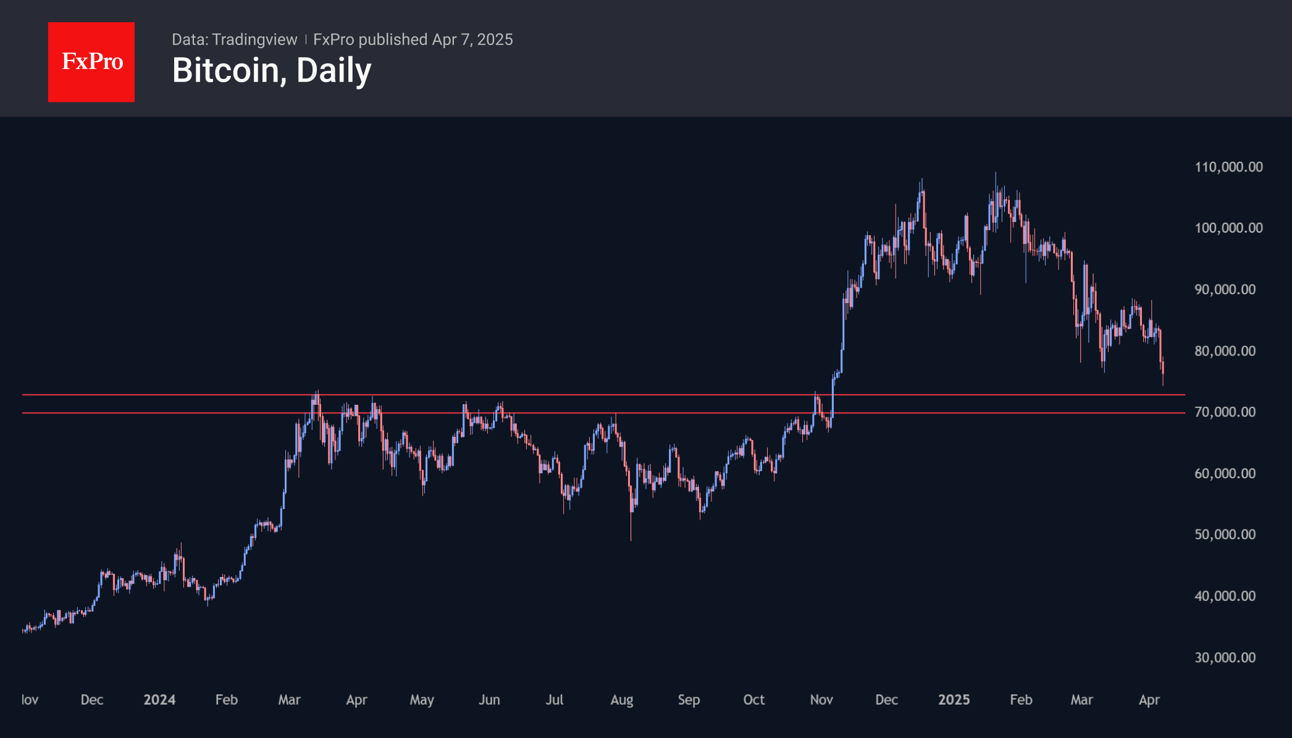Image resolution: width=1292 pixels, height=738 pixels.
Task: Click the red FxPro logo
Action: [x=91, y=62]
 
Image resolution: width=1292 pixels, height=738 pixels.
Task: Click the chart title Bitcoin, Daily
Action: [x=272, y=70]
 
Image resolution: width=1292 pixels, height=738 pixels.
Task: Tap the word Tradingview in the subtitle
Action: [x=254, y=39]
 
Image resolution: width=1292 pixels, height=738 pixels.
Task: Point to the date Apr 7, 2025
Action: [x=472, y=39]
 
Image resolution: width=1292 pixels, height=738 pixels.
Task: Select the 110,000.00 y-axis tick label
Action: [x=1228, y=167]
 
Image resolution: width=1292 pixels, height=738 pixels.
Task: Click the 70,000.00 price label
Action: [x=1225, y=412]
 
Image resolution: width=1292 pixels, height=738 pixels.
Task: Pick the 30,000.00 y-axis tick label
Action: [x=1225, y=657]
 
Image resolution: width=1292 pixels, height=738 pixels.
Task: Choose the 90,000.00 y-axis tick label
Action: [x=1225, y=289]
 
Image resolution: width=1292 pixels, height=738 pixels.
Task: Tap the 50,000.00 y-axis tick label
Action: [x=1225, y=534]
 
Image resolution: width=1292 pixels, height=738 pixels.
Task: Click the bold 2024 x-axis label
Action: [x=159, y=700]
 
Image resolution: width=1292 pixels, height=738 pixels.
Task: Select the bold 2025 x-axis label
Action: [x=954, y=700]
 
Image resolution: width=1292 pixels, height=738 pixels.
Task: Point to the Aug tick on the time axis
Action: [x=622, y=700]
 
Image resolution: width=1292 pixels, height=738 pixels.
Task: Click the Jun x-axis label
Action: [x=489, y=700]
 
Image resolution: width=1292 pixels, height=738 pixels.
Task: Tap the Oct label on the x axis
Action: [x=754, y=700]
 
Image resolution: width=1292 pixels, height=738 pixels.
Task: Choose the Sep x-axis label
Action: [x=689, y=700]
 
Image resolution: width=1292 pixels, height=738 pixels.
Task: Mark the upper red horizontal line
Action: [x=603, y=394]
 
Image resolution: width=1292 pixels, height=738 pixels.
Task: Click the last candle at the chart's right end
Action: [x=1163, y=373]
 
